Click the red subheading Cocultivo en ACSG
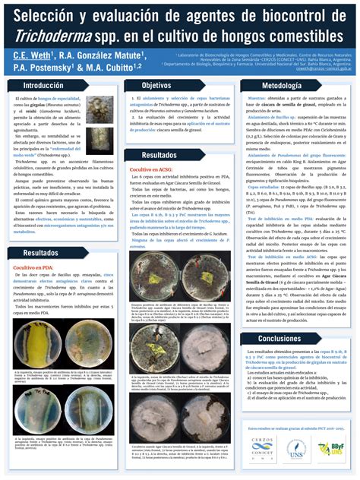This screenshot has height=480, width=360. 152,169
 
